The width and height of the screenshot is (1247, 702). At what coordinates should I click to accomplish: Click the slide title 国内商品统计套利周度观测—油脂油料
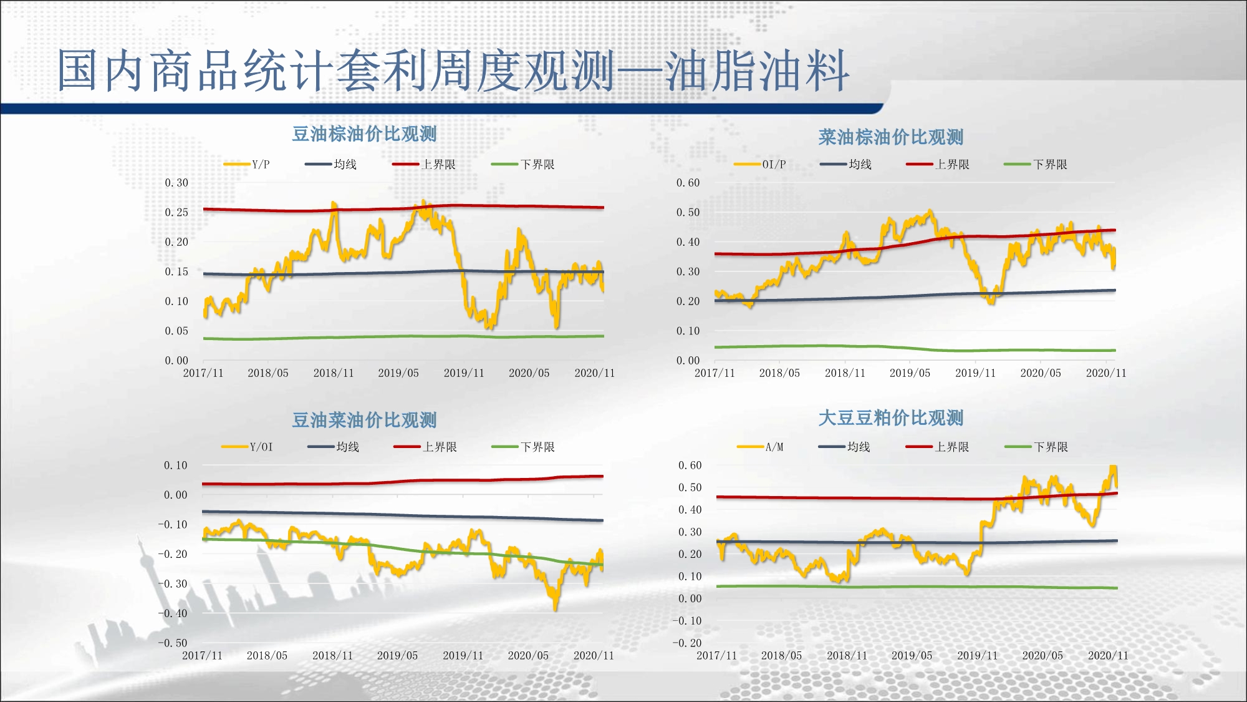453,71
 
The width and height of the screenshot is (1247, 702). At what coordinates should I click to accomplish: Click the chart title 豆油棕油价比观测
364,134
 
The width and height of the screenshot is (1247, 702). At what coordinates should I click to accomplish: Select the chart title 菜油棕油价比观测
890,137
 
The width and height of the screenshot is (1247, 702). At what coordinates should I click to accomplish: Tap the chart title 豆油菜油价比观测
364,420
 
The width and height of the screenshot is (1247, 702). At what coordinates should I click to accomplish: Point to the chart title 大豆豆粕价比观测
890,418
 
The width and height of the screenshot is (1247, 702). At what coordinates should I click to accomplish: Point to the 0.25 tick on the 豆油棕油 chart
176,212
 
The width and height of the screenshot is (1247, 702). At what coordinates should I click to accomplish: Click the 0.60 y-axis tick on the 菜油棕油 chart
688,183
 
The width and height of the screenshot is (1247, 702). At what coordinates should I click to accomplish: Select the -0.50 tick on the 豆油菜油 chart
172,643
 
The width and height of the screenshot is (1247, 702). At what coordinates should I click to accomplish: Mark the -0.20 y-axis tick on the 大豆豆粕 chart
686,643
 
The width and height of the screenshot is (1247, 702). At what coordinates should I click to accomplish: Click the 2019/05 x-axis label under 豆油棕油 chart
398,373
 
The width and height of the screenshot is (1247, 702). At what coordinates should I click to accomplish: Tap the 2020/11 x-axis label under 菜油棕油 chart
1106,373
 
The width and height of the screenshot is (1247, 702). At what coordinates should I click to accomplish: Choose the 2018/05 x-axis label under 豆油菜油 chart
267,656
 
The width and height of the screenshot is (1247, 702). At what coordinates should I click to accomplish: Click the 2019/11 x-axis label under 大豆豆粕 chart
977,656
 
